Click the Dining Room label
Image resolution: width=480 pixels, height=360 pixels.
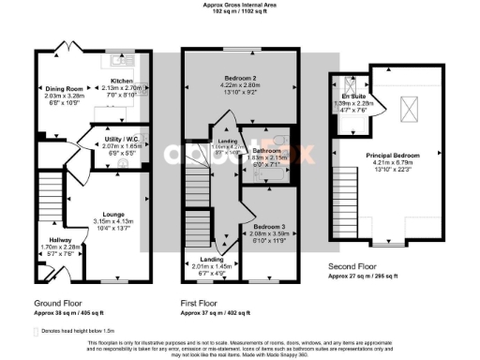pos(64,88)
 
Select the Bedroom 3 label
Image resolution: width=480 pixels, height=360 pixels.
pos(263,227)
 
